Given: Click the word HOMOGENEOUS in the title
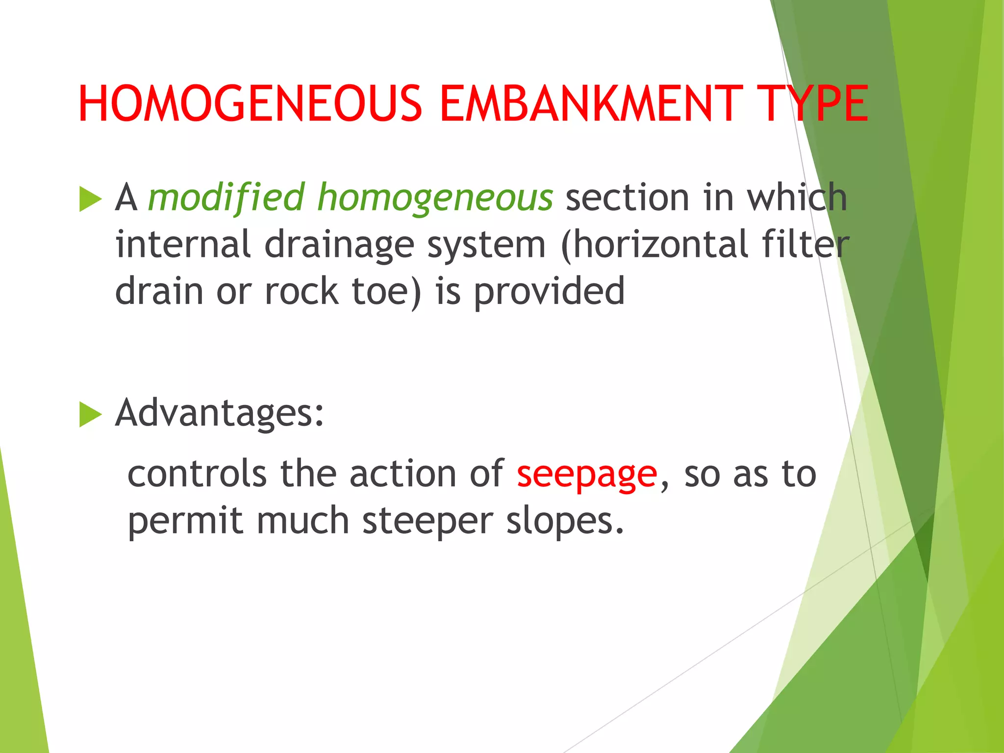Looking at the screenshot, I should [250, 104].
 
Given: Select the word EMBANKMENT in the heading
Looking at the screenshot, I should [591, 104].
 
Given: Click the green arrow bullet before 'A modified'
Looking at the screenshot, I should [90, 200].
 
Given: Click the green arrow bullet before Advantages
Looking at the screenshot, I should [90, 415].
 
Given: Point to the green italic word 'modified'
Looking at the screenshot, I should [226, 198].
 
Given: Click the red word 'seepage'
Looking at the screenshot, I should [587, 475].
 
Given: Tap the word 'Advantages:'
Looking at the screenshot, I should [220, 413].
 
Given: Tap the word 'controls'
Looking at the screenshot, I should [197, 474].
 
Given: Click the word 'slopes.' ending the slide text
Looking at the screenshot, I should [565, 521].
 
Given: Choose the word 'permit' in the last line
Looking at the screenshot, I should [185, 521].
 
